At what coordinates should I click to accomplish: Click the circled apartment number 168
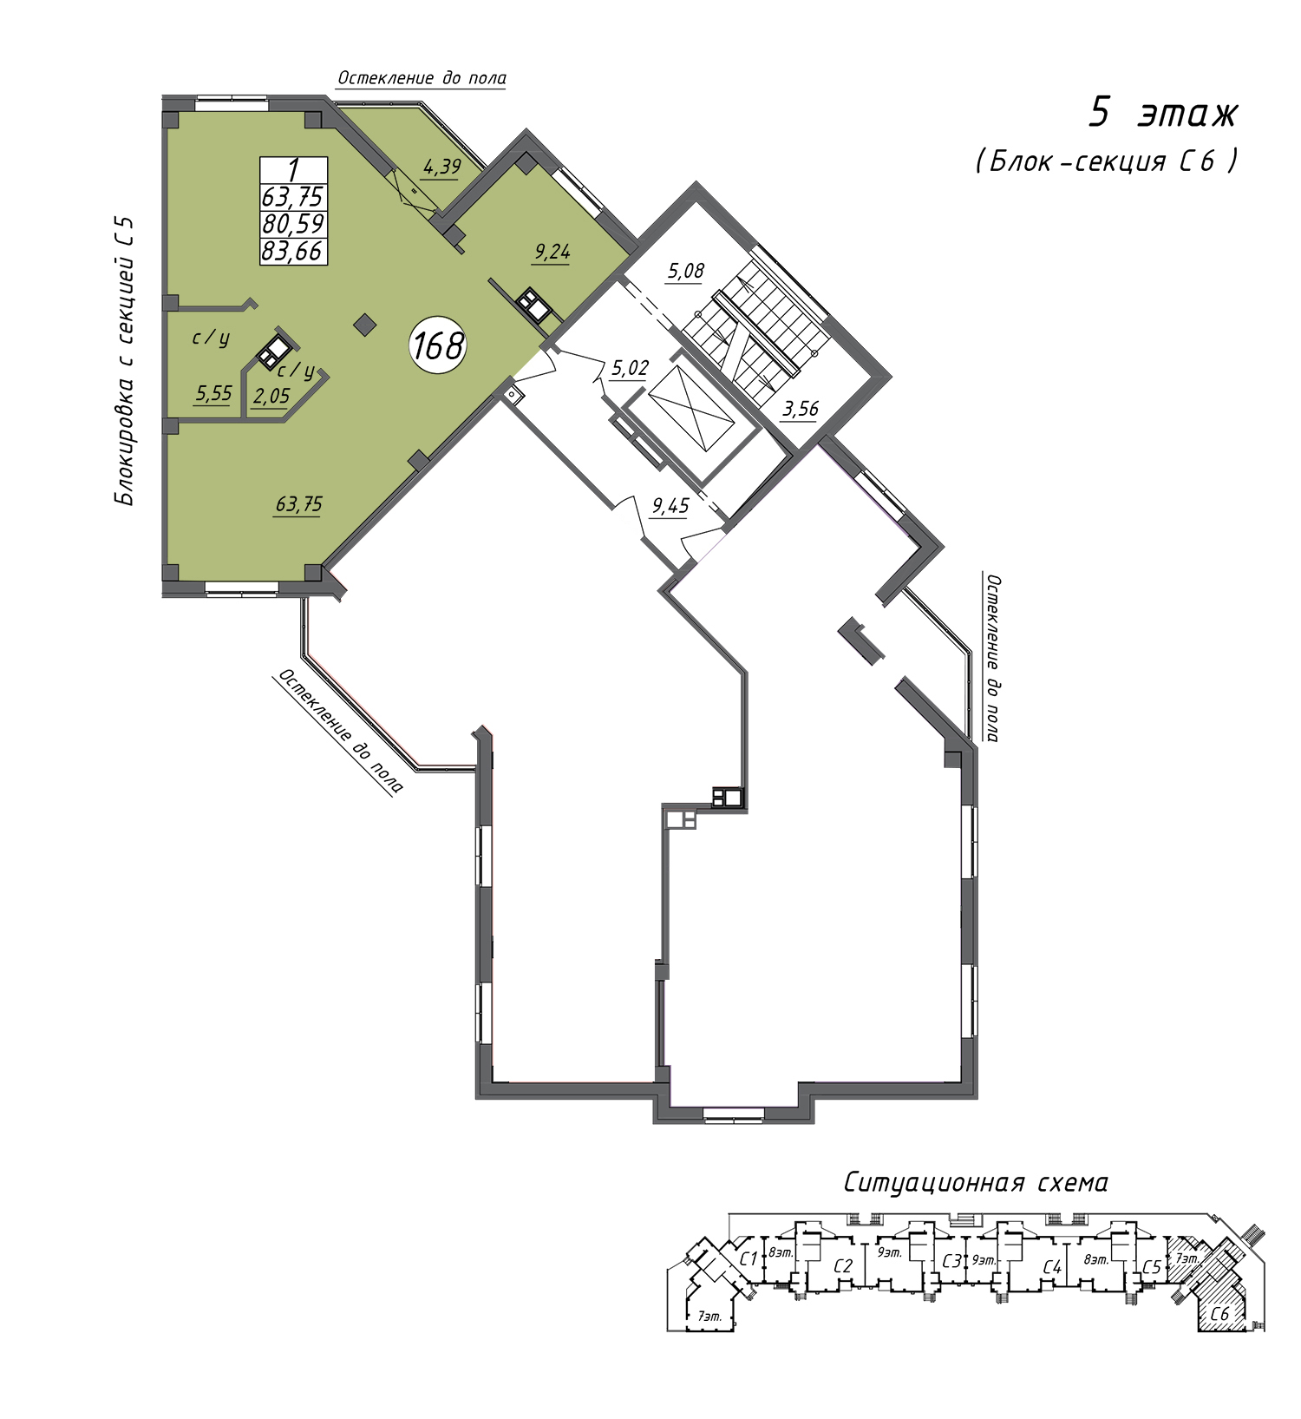[x=438, y=345]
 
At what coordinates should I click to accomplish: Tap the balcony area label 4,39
[x=441, y=166]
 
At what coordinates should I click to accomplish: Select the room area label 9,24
[x=552, y=252]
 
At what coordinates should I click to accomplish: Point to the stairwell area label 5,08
[x=685, y=271]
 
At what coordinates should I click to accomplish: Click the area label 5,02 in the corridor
[x=630, y=368]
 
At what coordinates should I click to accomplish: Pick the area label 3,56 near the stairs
[x=800, y=408]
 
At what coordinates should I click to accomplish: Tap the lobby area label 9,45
[x=670, y=505]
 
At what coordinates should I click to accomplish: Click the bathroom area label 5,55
[x=213, y=394]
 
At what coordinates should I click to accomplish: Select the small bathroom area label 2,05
[x=271, y=397]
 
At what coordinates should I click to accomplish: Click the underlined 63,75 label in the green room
[x=299, y=504]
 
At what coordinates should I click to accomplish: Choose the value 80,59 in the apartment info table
[x=293, y=224]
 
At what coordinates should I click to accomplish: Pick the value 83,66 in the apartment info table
[x=293, y=251]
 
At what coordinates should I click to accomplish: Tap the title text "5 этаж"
[x=1163, y=113]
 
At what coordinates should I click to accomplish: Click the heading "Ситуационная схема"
[x=976, y=1182]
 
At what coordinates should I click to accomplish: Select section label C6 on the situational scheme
[x=1219, y=1314]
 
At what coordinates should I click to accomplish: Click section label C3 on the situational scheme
[x=952, y=1260]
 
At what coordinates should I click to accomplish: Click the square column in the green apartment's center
[x=365, y=325]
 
